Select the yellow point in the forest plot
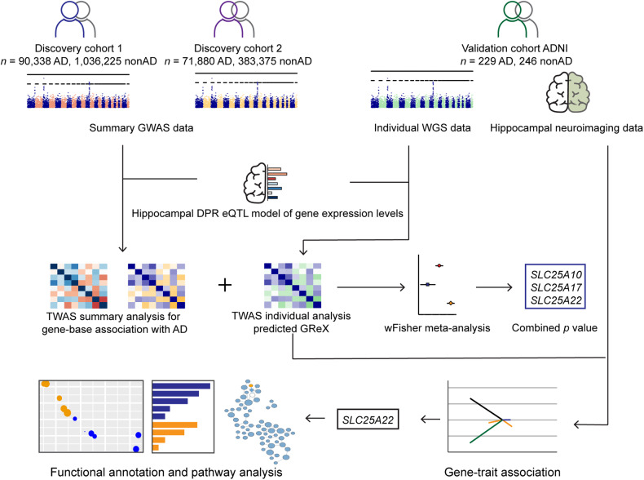[x=451, y=303]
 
